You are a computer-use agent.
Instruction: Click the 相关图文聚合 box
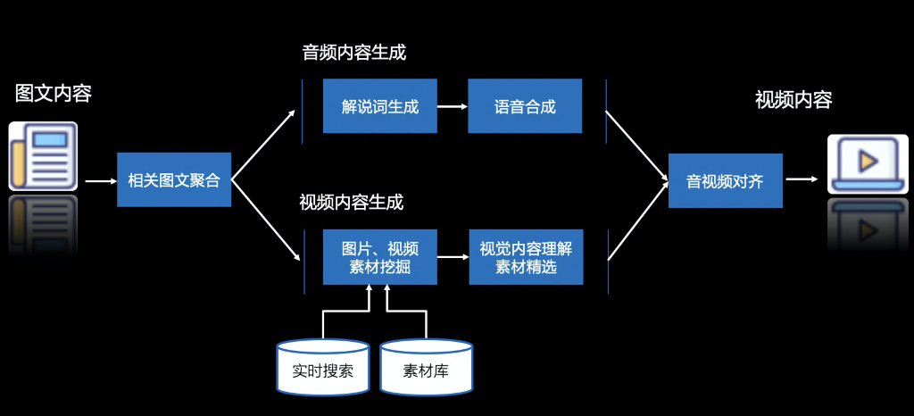[x=174, y=179]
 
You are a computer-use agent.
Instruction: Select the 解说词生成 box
[x=380, y=106]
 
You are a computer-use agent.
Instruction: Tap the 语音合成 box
[x=525, y=106]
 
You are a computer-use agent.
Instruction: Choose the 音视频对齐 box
[x=725, y=180]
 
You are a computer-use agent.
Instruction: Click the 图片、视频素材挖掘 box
[x=380, y=257]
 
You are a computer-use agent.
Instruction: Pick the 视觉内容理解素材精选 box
[x=526, y=257]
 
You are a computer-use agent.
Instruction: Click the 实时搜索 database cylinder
[x=323, y=367]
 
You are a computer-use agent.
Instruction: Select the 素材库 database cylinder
[x=426, y=367]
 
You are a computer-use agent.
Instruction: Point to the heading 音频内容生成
[x=353, y=53]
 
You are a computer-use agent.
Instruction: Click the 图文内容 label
[x=54, y=93]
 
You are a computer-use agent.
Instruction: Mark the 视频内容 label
[x=794, y=100]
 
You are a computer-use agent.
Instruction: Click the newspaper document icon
[x=43, y=156]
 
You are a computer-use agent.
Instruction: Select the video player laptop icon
[x=868, y=163]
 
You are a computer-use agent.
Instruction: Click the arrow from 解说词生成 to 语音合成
[x=453, y=106]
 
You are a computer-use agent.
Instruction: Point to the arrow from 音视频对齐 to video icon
[x=802, y=179]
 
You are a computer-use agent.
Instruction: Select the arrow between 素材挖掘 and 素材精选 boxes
[x=453, y=257]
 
